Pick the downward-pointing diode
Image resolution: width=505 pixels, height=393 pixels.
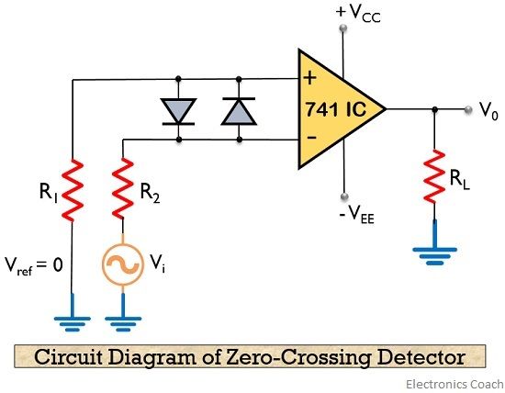click(177, 109)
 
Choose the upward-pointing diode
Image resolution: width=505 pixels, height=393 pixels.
click(237, 109)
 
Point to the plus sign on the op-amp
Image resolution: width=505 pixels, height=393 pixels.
click(309, 78)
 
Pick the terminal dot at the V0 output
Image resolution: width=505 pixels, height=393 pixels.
click(465, 108)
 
